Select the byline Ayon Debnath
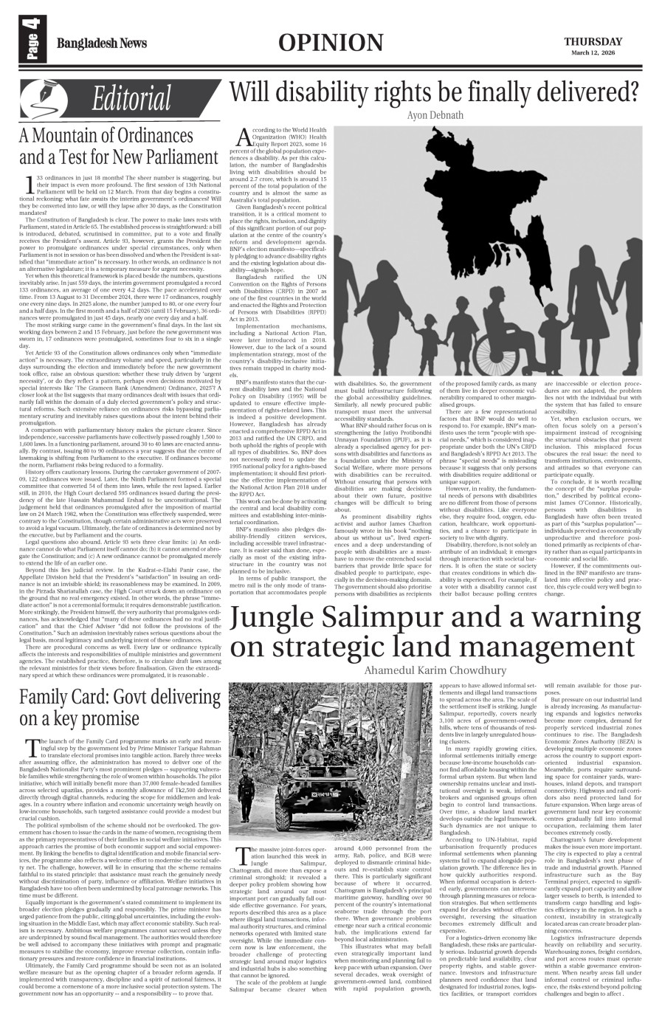pos(435,115)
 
